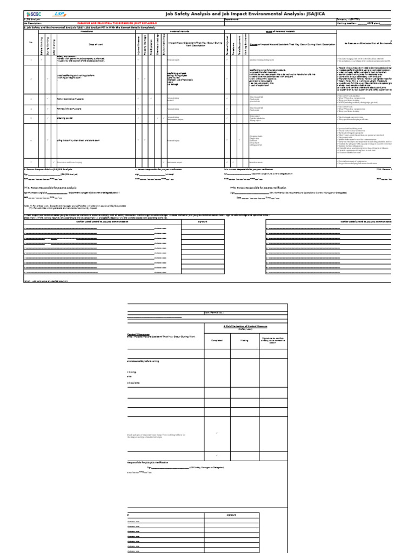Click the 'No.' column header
pos(31,42)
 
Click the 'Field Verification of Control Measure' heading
pos(245,327)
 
